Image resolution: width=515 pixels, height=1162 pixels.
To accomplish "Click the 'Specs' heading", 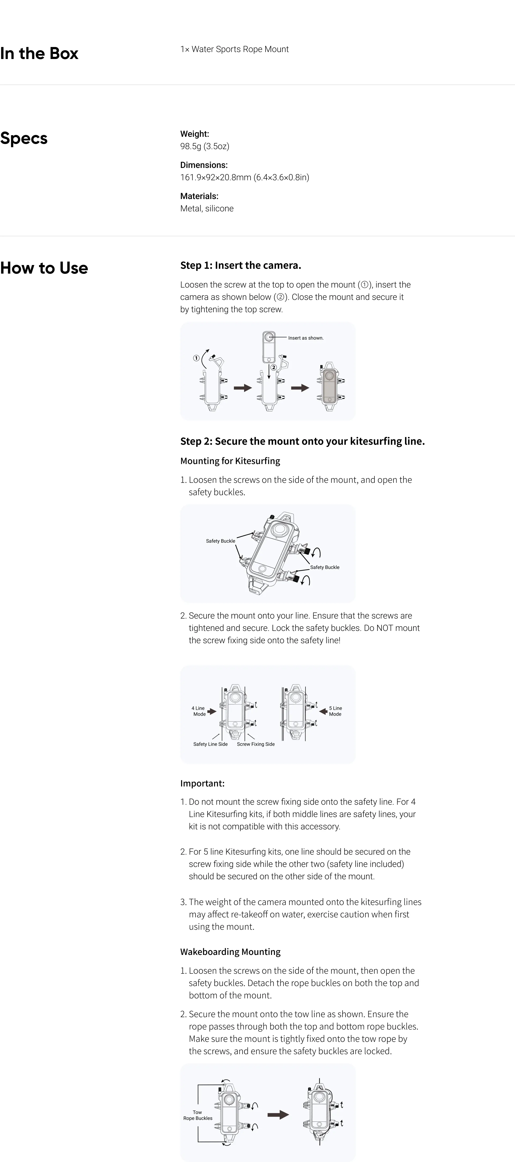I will tap(24, 138).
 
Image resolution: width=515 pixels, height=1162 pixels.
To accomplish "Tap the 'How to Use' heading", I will tap(44, 268).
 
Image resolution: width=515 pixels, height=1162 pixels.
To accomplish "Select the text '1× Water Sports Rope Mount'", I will tap(234, 49).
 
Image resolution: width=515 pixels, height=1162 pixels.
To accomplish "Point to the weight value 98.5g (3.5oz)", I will tap(205, 146).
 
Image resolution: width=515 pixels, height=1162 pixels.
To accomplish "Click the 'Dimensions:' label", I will tap(204, 165).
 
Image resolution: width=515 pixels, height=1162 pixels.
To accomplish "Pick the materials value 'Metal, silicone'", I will tap(207, 208).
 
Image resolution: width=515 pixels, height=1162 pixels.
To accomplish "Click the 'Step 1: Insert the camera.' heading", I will tap(240, 265).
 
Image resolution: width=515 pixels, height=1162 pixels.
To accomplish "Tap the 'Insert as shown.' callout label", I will tap(306, 338).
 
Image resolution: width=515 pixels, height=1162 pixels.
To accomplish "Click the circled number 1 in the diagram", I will tap(196, 358).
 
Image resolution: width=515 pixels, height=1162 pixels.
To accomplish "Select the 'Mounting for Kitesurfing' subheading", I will tap(230, 461).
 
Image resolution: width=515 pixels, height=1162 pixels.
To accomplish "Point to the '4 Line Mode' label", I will tap(199, 711).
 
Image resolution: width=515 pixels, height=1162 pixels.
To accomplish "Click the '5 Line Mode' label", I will tap(335, 711).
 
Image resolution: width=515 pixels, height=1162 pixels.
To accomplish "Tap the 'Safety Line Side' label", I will tap(210, 744).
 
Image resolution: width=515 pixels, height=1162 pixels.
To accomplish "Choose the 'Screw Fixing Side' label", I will tap(256, 744).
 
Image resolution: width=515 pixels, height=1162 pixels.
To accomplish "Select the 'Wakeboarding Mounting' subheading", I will tap(230, 952).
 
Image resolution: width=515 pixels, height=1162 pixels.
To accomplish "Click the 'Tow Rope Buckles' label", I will tap(197, 1115).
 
